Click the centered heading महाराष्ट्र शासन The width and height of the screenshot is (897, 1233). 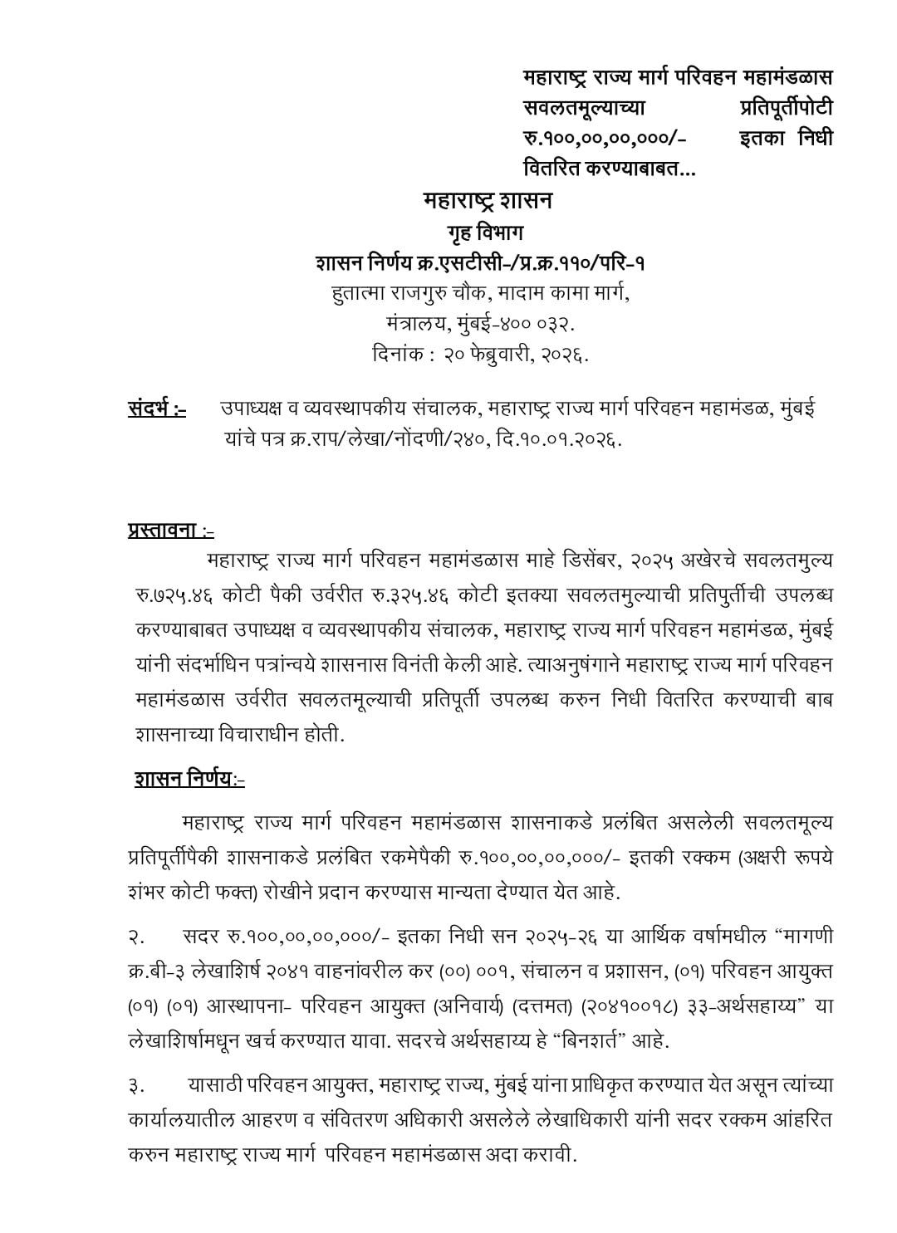pyautogui.click(x=488, y=201)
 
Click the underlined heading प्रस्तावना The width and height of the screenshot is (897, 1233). pyautogui.click(x=170, y=529)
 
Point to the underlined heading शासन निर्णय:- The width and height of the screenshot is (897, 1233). pyautogui.click(x=189, y=779)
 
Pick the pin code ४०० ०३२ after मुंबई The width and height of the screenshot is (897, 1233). pyautogui.click(x=538, y=324)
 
